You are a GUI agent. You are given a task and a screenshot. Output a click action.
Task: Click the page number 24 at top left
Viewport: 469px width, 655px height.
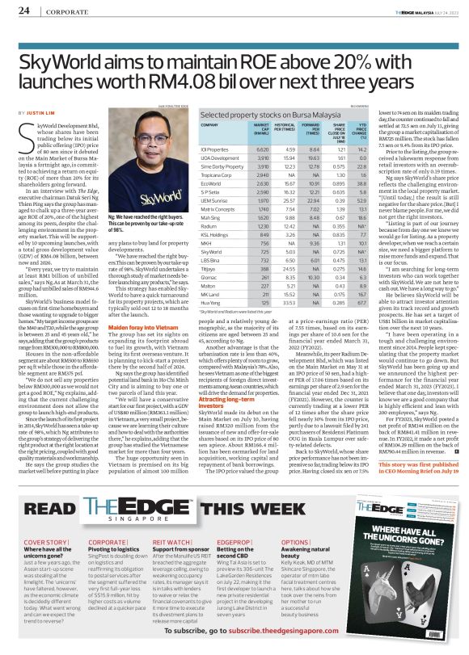pos(23,10)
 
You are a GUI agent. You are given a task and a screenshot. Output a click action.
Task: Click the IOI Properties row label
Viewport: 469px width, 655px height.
pos(214,149)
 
